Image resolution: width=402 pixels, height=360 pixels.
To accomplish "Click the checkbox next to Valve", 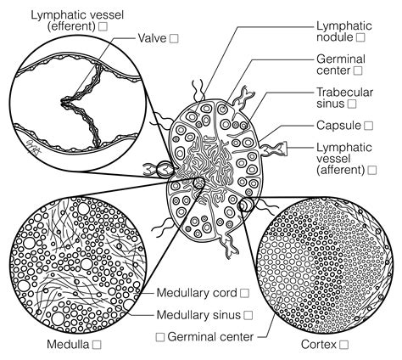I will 174,39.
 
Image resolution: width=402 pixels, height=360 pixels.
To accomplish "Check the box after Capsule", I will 368,125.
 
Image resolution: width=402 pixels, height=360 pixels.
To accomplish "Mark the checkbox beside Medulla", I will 97,345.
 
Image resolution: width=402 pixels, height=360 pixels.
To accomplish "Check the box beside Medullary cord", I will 244,293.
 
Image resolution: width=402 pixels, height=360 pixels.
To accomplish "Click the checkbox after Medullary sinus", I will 248,315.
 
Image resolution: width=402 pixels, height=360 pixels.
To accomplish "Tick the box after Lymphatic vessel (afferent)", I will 371,170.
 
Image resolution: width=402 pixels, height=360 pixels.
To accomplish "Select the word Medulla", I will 70,345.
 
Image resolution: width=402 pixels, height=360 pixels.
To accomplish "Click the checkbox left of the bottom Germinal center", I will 159,336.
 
